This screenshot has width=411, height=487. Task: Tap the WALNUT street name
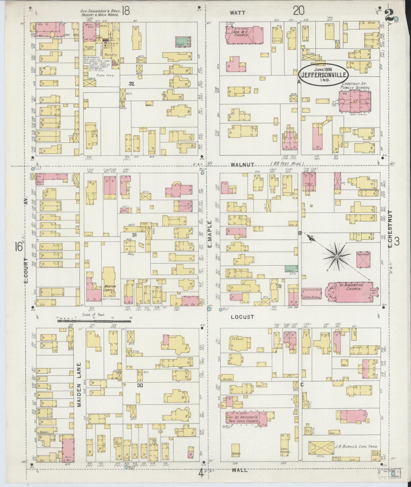point(242,165)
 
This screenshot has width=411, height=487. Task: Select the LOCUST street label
point(243,317)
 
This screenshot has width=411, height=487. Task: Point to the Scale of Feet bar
point(94,321)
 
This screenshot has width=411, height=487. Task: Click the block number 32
point(131,84)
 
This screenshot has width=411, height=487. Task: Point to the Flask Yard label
point(105,76)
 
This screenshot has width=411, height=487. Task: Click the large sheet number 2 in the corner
point(389,15)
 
